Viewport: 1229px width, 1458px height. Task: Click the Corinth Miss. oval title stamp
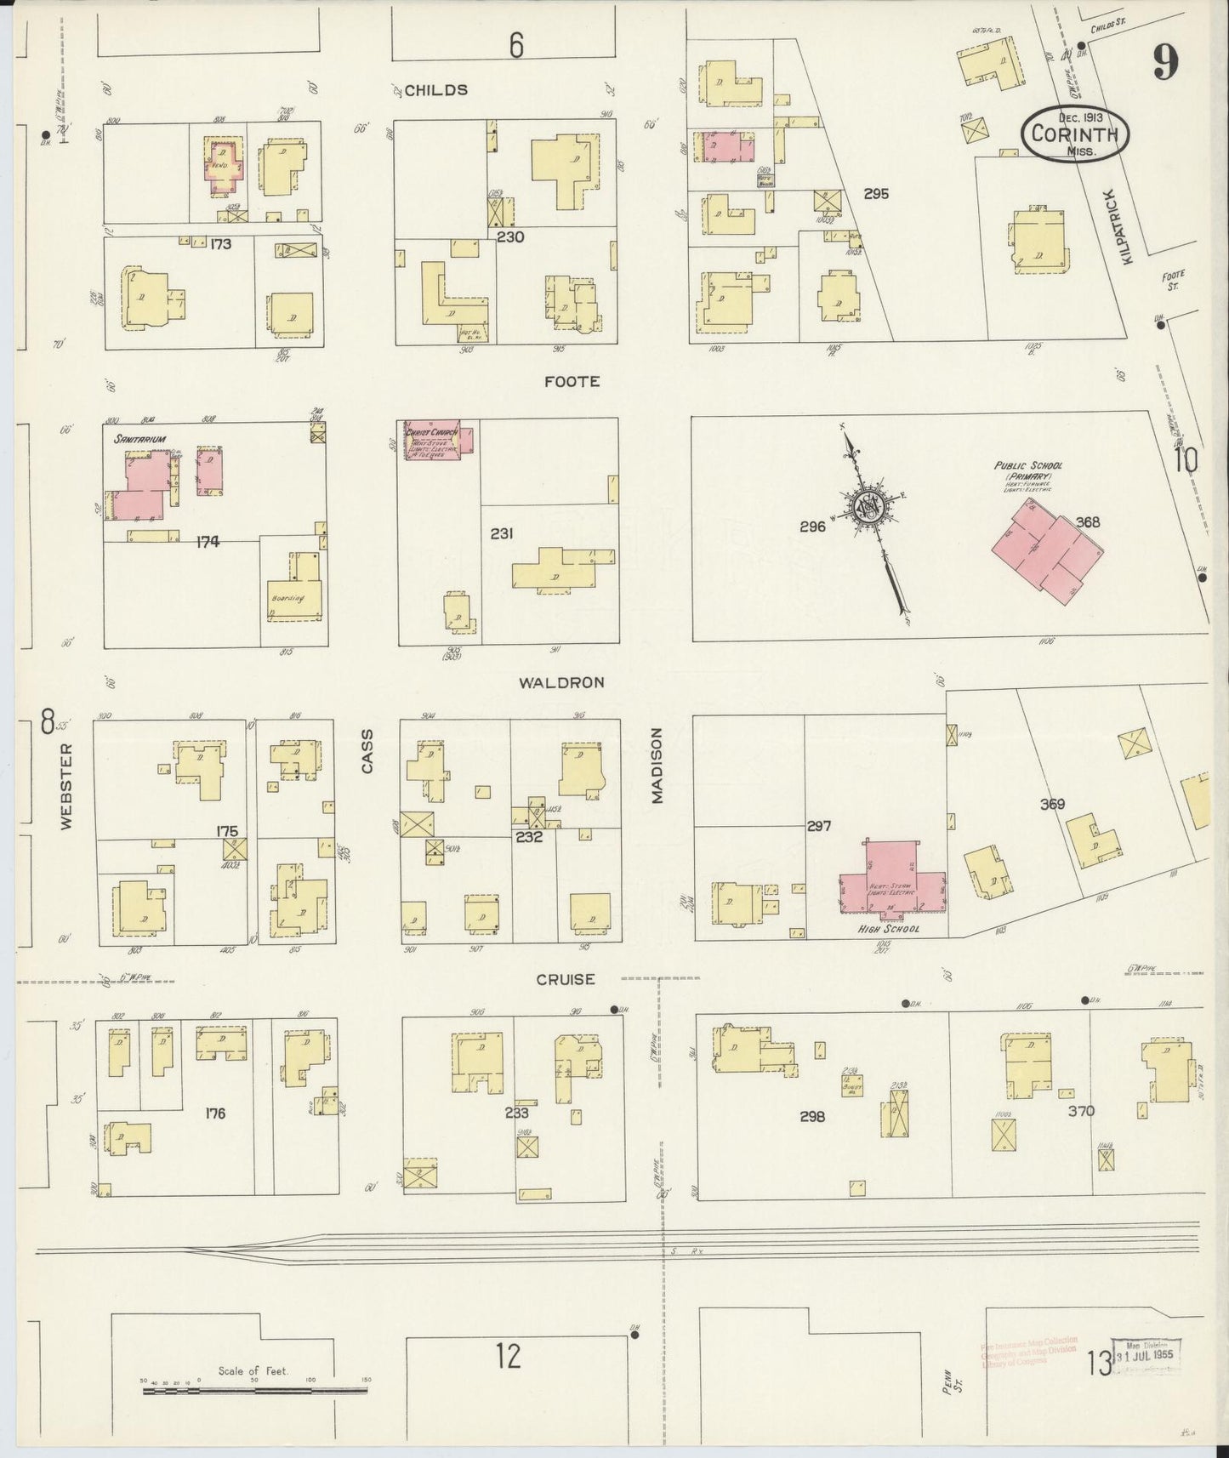1075,134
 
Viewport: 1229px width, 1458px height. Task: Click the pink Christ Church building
432,441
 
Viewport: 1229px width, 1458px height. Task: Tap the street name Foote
572,382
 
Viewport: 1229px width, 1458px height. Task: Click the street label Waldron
562,682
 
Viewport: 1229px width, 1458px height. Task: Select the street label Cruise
565,979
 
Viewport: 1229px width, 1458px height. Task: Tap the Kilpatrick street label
1128,226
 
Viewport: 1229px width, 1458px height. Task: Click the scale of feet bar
255,1392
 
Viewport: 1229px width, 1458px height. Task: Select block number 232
528,837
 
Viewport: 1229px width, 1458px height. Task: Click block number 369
1052,804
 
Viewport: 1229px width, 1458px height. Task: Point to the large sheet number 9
1166,61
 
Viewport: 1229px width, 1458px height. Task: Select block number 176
215,1113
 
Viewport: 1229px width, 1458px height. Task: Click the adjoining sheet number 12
508,1356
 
